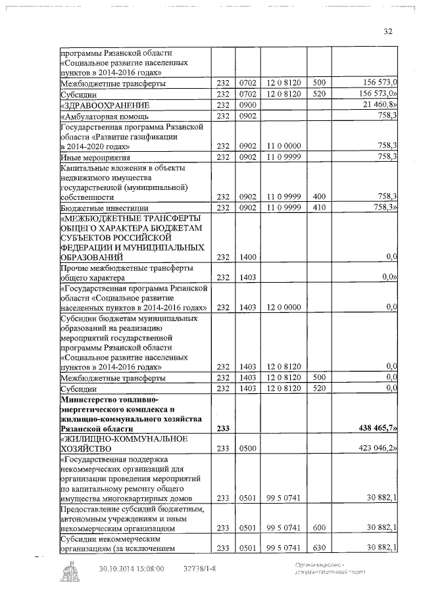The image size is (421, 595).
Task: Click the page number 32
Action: (x=387, y=31)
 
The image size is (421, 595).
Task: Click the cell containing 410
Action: (x=319, y=208)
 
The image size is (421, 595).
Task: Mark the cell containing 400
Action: (x=319, y=196)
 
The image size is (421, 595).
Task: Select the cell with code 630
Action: (x=319, y=548)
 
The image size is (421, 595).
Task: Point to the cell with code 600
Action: (x=319, y=527)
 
